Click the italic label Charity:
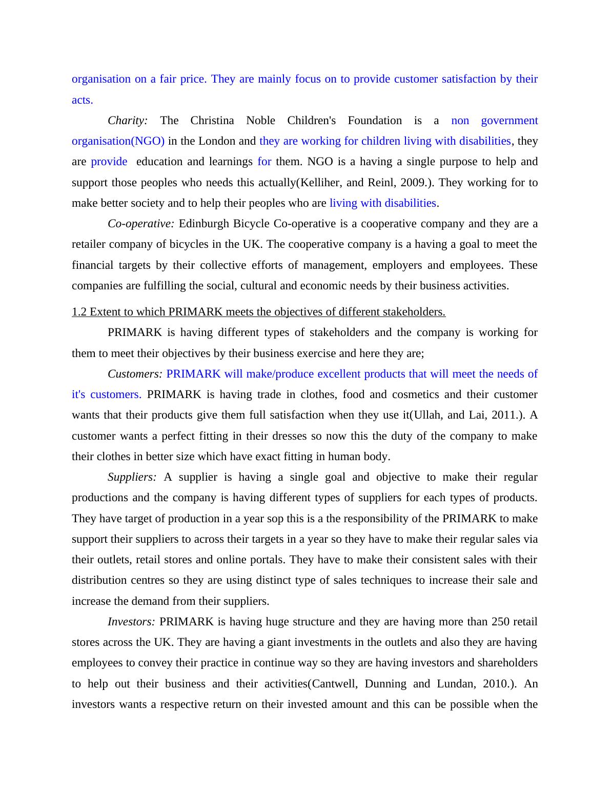tap(128, 121)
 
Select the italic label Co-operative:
tap(141, 224)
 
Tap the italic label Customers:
tap(135, 374)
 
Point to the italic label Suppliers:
tap(132, 477)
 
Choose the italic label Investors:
tap(131, 622)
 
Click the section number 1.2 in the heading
tap(79, 312)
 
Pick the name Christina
tap(212, 121)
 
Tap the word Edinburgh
tap(202, 224)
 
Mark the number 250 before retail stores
tap(500, 622)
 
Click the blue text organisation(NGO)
tap(118, 141)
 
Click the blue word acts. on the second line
tap(82, 100)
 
